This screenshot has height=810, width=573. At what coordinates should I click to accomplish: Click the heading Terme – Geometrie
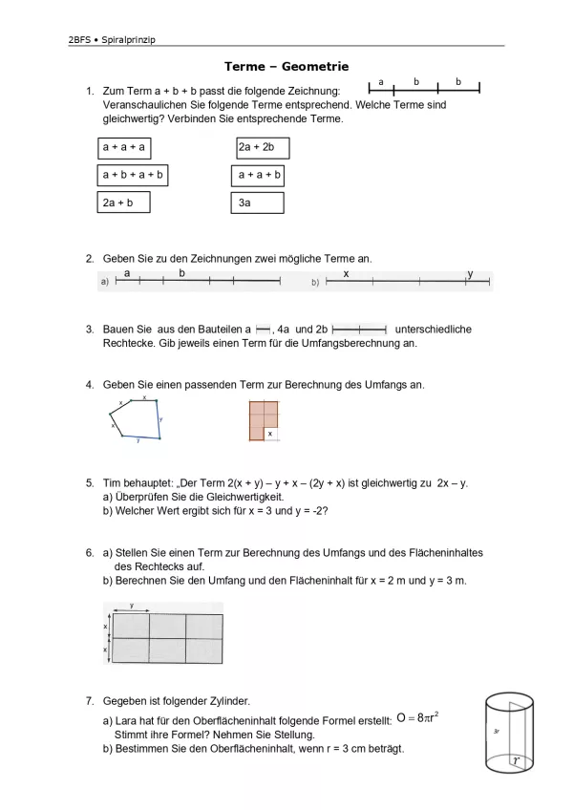[x=286, y=67]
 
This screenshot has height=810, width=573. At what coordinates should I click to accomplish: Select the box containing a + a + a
[x=126, y=147]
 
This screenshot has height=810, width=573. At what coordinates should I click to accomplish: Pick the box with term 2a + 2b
[x=262, y=147]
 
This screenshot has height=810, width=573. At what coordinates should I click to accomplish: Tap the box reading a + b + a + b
[x=134, y=175]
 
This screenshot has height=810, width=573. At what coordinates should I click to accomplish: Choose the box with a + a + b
[x=259, y=175]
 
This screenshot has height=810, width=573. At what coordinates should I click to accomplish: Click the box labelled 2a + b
[x=124, y=202]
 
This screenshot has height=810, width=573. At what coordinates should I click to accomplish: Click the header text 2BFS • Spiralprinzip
[x=112, y=39]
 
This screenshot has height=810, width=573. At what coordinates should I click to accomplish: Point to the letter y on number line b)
[x=470, y=274]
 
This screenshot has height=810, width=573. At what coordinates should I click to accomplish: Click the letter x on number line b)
[x=346, y=274]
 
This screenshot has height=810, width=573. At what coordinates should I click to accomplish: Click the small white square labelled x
[x=270, y=434]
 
